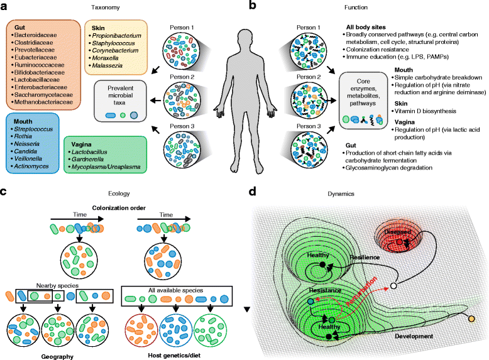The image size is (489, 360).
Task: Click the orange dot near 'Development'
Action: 471,322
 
